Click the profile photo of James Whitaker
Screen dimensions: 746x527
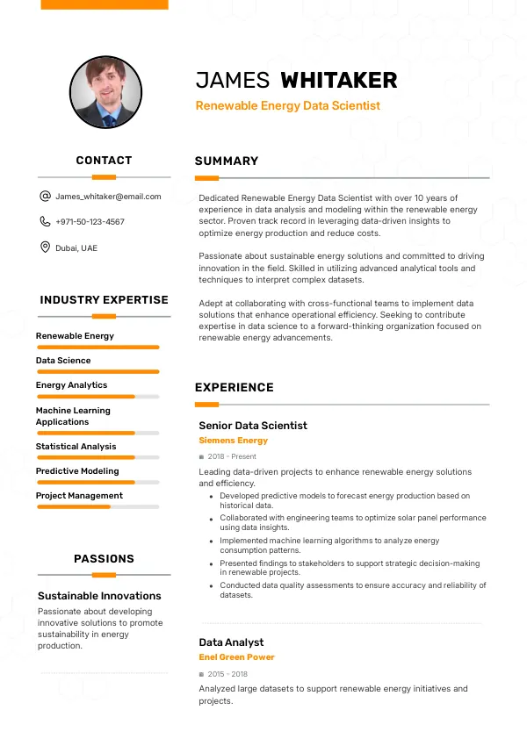tap(105, 92)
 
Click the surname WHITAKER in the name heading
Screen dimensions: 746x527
tap(338, 81)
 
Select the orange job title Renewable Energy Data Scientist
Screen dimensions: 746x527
tap(287, 105)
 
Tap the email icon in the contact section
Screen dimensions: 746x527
tap(45, 197)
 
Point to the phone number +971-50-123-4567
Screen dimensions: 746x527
tap(90, 222)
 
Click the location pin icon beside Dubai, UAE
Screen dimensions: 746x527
tap(45, 247)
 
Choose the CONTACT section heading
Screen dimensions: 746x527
tap(104, 161)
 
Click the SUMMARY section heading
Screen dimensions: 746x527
tap(227, 161)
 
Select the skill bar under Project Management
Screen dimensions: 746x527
tap(97, 506)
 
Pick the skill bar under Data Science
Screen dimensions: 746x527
tap(97, 371)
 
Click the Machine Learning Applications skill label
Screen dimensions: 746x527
tap(73, 416)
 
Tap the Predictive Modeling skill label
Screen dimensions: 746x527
tap(77, 471)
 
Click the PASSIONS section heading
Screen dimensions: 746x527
tap(104, 559)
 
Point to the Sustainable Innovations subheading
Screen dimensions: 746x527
tap(99, 596)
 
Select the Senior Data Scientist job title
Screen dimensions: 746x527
tap(253, 426)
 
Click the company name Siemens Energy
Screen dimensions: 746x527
tap(233, 441)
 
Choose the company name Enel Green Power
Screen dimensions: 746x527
tap(236, 657)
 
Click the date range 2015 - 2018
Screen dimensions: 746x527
tap(227, 674)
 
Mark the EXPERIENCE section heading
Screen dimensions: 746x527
tap(235, 388)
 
